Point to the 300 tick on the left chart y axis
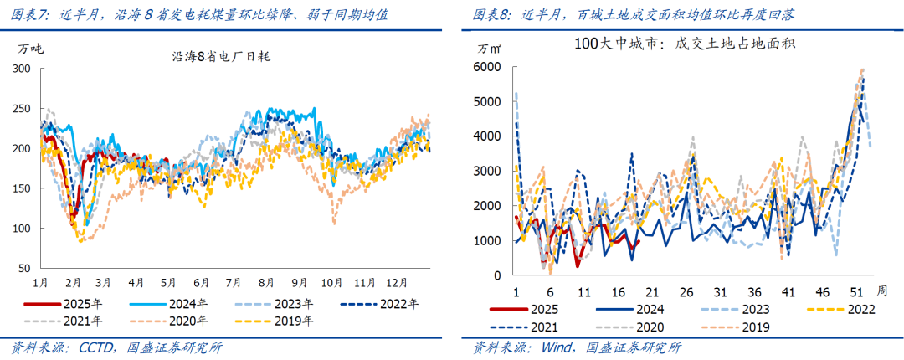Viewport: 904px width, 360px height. pos(23,68)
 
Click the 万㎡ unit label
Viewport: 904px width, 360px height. pos(491,47)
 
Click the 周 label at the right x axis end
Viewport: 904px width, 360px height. pos(881,291)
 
